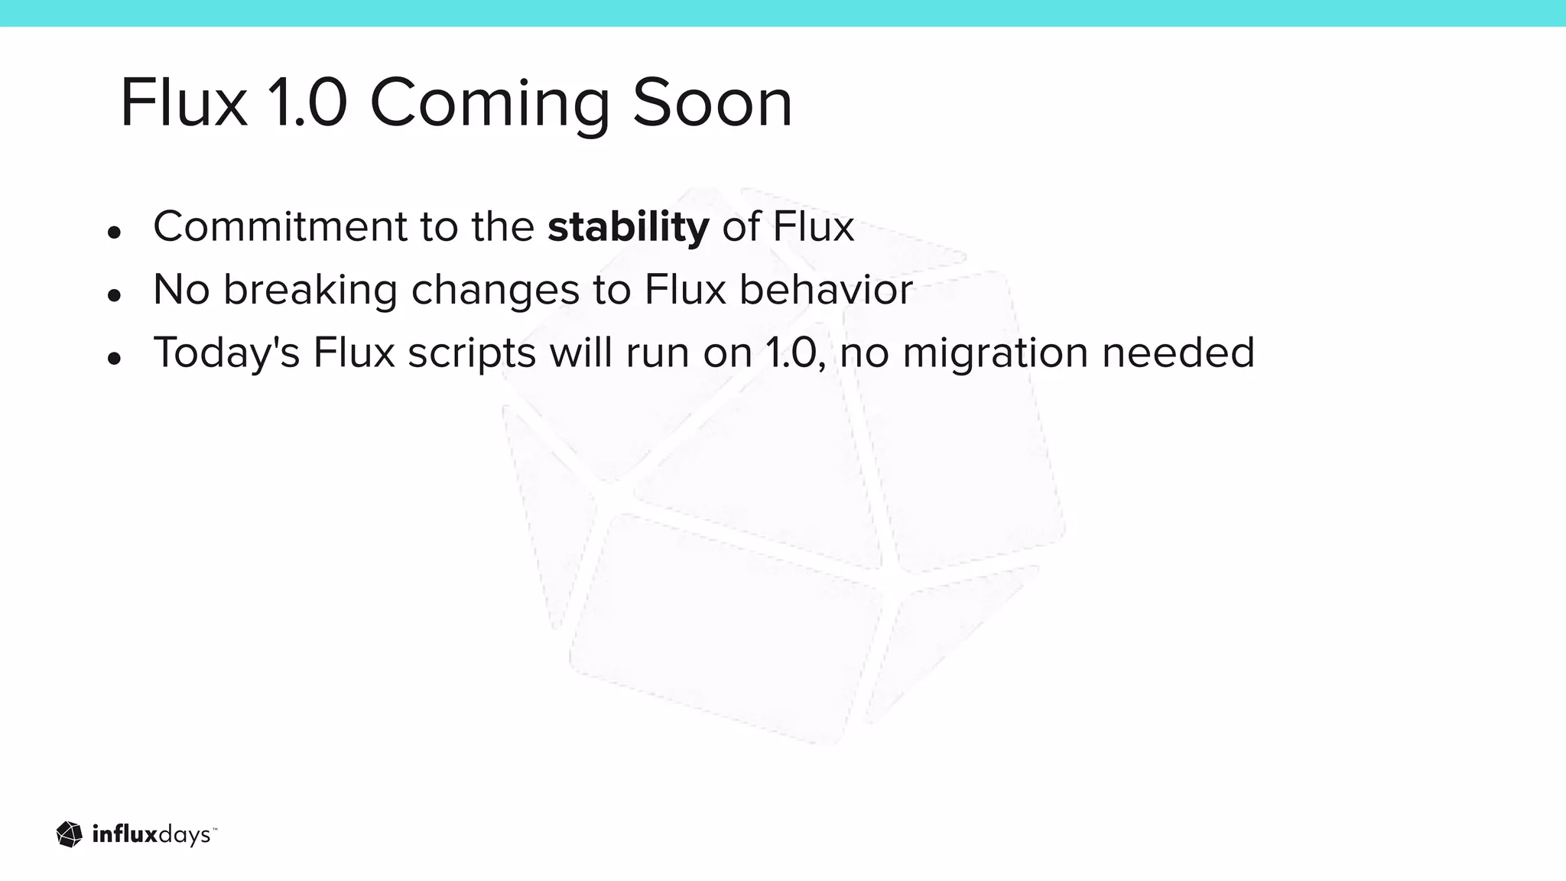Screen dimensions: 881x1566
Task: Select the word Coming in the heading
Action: [x=489, y=106]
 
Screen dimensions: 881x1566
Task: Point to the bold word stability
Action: [x=628, y=227]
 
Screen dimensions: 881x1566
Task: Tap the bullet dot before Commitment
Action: [x=115, y=232]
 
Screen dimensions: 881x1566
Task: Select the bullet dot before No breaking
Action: [x=115, y=295]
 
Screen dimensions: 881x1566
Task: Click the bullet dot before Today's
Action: [x=115, y=358]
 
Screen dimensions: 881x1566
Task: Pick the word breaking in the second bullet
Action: [x=310, y=291]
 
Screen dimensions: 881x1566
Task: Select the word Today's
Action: [x=226, y=353]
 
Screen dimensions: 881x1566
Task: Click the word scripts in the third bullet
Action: [x=471, y=354]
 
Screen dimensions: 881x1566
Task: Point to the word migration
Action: [x=995, y=354]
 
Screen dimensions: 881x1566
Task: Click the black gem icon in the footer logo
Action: [x=70, y=834]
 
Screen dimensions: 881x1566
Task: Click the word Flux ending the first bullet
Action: [x=813, y=226]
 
